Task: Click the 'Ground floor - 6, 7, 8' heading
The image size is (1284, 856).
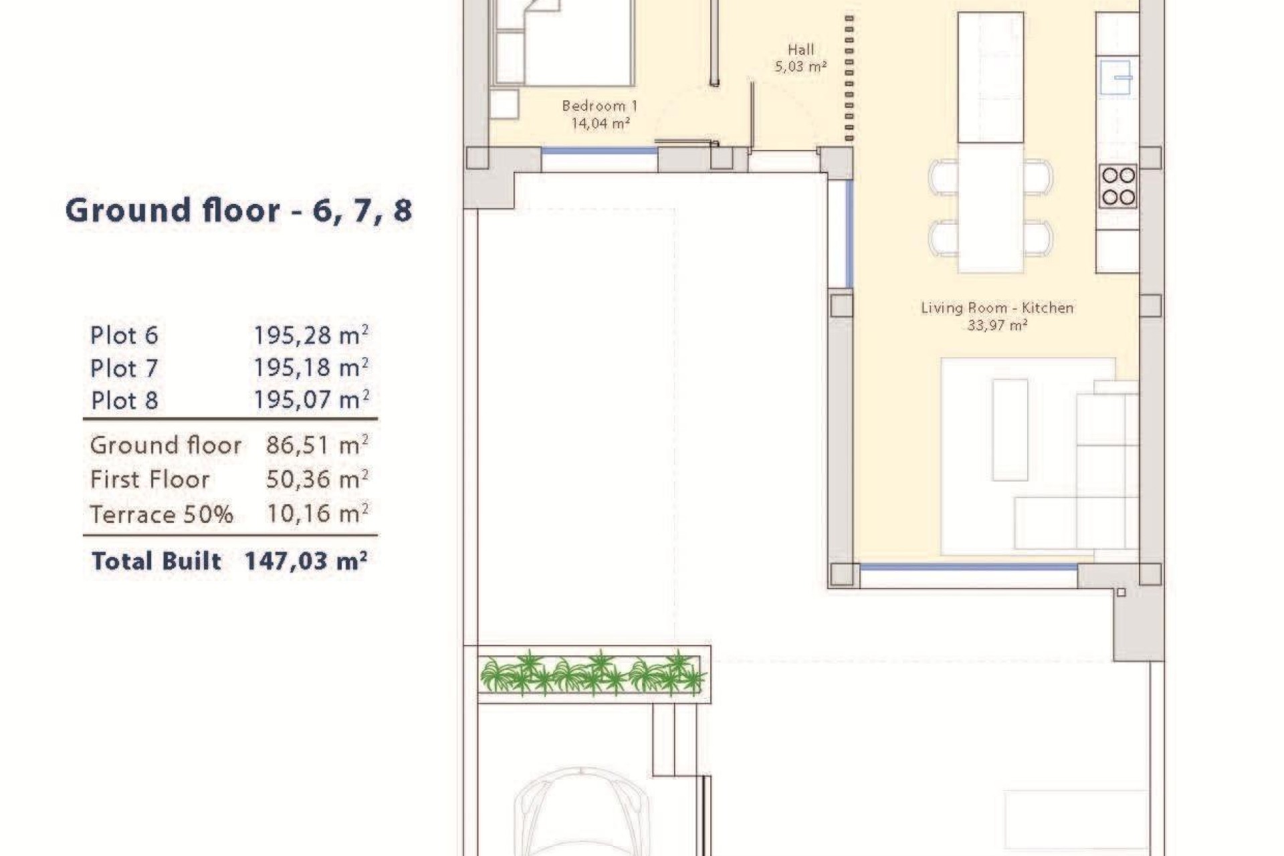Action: click(239, 211)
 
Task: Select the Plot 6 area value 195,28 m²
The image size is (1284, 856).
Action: click(311, 335)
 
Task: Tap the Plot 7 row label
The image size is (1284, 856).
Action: click(124, 368)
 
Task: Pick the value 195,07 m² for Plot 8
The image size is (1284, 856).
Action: click(311, 400)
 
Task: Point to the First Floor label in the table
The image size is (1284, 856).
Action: click(150, 479)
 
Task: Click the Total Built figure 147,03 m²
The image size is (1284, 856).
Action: click(306, 560)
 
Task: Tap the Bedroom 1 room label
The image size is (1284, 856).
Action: click(600, 106)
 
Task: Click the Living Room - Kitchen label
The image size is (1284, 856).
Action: click(997, 308)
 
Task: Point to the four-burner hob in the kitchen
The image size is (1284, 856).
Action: click(1118, 186)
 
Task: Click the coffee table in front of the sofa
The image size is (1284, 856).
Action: click(1010, 430)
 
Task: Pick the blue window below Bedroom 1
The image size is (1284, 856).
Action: click(599, 151)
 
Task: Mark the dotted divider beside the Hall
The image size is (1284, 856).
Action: click(849, 78)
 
